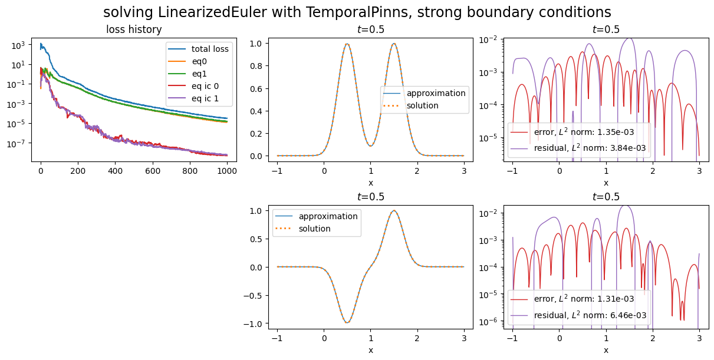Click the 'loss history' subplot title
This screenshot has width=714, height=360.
click(x=134, y=29)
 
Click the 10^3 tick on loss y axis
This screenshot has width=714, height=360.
click(x=17, y=45)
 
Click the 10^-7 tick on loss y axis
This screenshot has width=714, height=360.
click(x=17, y=143)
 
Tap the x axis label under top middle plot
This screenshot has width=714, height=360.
click(x=370, y=183)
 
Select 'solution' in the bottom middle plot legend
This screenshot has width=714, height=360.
click(x=314, y=229)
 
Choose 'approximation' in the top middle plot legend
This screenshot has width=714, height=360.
click(x=436, y=93)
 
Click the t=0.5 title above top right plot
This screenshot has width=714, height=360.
click(x=606, y=29)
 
